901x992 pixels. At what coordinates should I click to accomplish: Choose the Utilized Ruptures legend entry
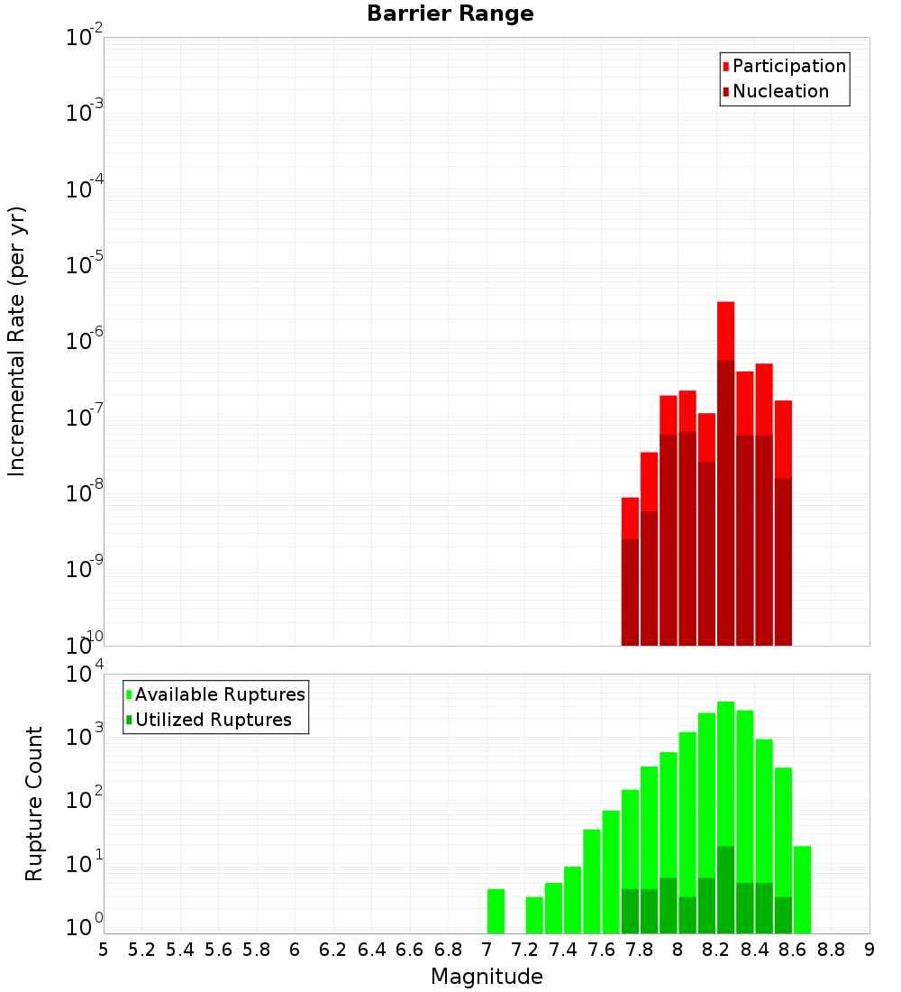tap(213, 720)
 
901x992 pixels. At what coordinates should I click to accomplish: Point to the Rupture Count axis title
tap(34, 804)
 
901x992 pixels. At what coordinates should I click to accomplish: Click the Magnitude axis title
tap(487, 977)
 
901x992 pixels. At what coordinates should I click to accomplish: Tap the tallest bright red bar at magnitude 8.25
tap(725, 330)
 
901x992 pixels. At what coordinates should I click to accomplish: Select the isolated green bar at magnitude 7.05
tap(496, 911)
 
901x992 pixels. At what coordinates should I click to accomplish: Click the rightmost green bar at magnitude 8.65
tap(802, 889)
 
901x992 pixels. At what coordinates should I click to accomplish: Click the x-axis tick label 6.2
tap(332, 950)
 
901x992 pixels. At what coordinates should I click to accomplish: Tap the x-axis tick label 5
tap(103, 950)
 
